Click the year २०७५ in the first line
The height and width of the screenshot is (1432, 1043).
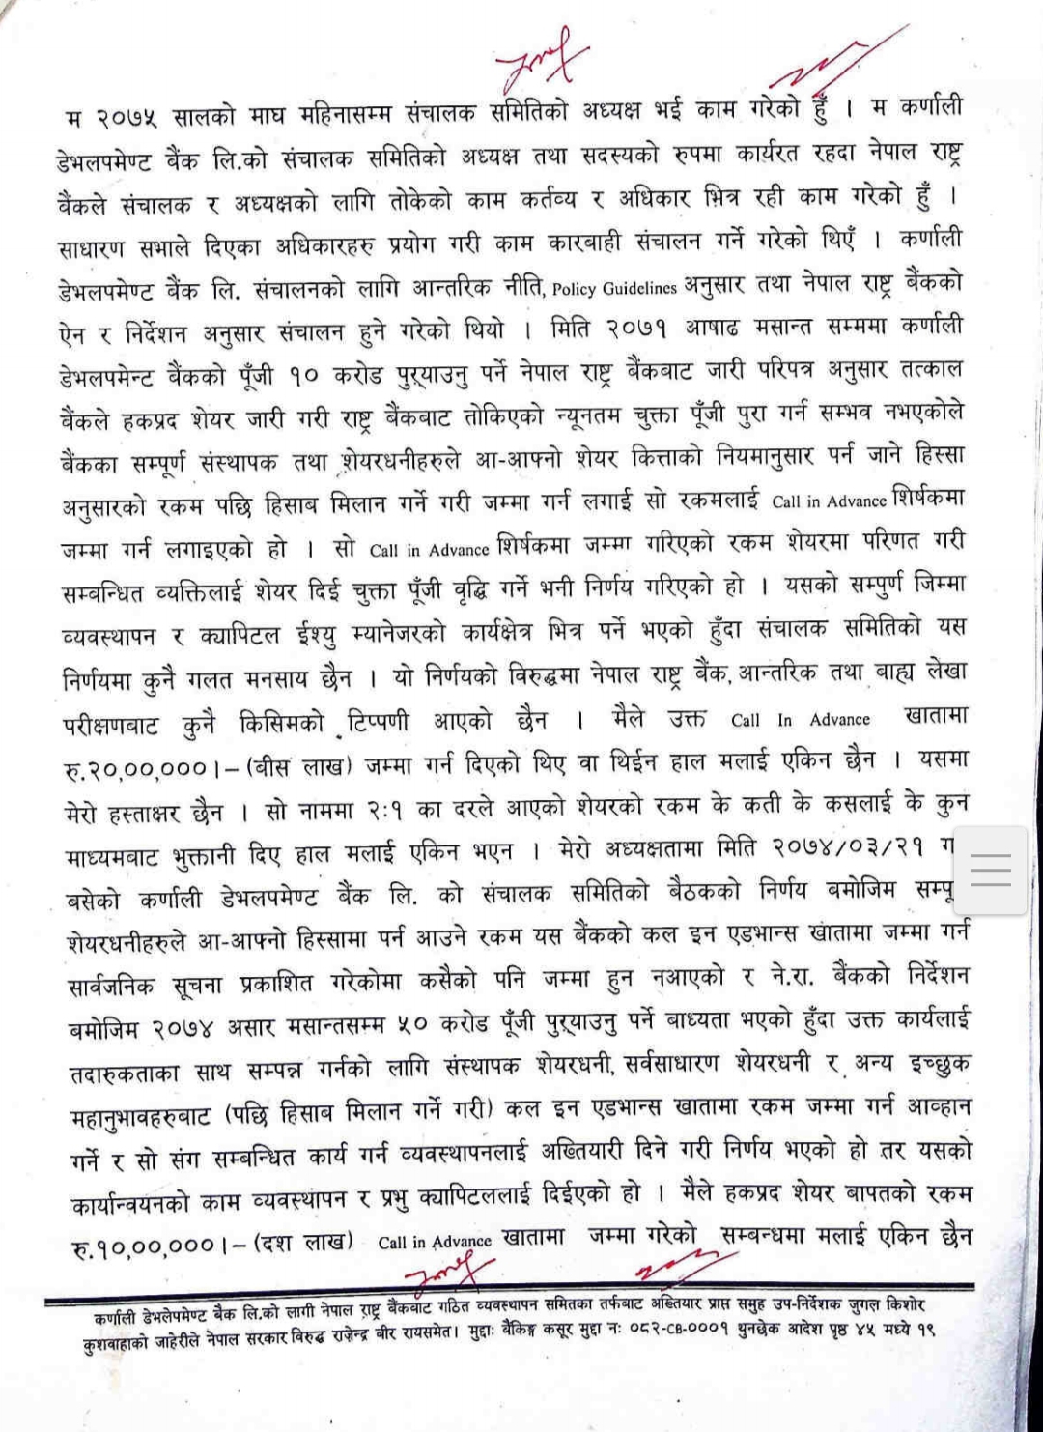(126, 118)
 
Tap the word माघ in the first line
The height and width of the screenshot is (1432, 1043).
(267, 115)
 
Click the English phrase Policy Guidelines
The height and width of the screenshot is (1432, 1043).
(614, 288)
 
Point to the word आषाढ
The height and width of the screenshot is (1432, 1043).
(712, 329)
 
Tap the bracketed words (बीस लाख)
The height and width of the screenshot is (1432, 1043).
(299, 767)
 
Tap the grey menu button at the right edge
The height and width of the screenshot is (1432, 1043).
(990, 871)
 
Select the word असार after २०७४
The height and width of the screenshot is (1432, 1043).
(254, 1027)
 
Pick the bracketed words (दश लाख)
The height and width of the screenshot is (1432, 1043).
(302, 1243)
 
